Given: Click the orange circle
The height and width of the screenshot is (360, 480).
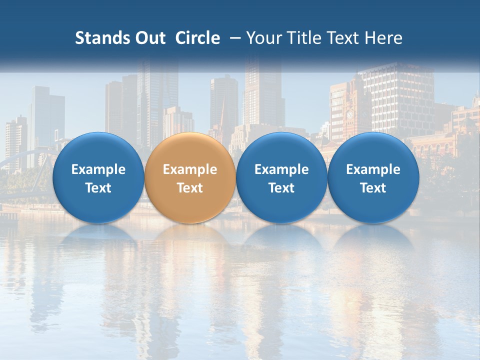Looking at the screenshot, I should pos(190,178).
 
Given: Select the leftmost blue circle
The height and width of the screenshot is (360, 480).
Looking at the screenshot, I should pos(98,178).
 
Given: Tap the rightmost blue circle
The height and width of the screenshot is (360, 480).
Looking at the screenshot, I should pos(373,178).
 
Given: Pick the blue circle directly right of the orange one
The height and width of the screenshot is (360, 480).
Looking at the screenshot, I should pos(281,178).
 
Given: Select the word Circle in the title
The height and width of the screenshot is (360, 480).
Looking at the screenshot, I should pos(197,38).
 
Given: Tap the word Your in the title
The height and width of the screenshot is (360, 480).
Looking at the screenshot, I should pos(263,38).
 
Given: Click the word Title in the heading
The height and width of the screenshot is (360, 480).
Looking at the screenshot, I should pos(300,38).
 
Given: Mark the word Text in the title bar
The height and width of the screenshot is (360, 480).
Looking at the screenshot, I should pos(341,38).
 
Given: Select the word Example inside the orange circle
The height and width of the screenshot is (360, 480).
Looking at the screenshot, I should pos(190,169).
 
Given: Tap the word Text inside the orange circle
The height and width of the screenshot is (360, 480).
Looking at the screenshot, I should pos(190,188).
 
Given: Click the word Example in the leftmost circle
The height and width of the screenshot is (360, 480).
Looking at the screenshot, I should pos(98,169).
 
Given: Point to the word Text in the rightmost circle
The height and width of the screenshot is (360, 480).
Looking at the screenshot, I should pos(373,188).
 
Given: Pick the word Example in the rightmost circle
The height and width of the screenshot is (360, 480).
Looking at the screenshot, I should pos(373,169).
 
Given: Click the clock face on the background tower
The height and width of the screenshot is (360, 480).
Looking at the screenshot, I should pos(350,114).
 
